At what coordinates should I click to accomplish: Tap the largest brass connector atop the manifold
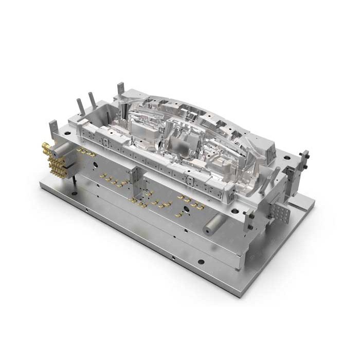pyautogui.click(x=46, y=148)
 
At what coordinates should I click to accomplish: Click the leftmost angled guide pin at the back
pyautogui.click(x=81, y=106)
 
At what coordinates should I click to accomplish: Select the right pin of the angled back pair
pyautogui.click(x=93, y=100)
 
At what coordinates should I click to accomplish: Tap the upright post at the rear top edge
pyautogui.click(x=121, y=89)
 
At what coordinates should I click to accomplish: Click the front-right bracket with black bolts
pyautogui.click(x=249, y=220)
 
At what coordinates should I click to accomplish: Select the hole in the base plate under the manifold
pyautogui.click(x=75, y=193)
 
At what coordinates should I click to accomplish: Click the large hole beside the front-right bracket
pyautogui.click(x=235, y=210)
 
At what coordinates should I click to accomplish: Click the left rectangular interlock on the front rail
pyautogui.click(x=106, y=141)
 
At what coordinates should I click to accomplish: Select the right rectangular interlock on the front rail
pyautogui.click(x=191, y=181)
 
